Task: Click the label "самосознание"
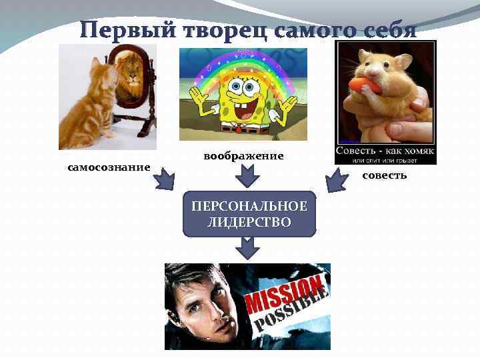109,167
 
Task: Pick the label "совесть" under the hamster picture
385,175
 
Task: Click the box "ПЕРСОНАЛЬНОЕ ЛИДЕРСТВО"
249,214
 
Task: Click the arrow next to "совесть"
336,179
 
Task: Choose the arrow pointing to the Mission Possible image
247,248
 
